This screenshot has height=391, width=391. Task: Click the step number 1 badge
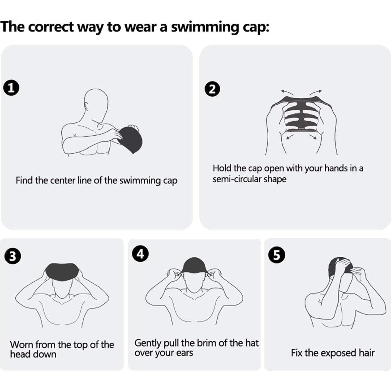(11, 88)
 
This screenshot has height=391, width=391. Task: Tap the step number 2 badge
(212, 89)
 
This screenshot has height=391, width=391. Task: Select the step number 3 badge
(12, 256)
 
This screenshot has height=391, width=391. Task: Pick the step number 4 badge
(140, 254)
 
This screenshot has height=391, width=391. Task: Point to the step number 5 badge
(277, 255)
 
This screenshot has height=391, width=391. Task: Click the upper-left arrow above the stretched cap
(287, 92)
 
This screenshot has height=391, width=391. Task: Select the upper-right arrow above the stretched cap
(315, 92)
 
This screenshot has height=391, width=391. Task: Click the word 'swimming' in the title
(201, 27)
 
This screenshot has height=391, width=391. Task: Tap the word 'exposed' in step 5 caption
(336, 353)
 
